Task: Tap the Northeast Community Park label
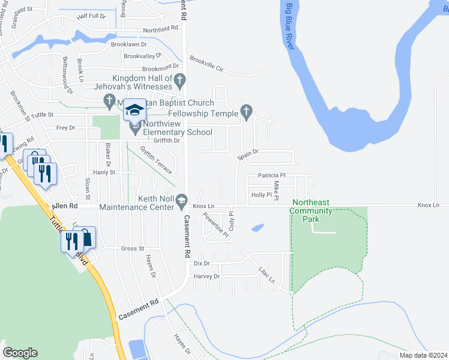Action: [x=310, y=211]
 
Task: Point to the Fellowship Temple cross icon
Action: [x=245, y=110]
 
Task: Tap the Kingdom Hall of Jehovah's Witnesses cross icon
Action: [x=179, y=79]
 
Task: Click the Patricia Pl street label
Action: [x=270, y=176]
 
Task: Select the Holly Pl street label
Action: [x=262, y=195]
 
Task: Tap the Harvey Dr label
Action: [x=208, y=277]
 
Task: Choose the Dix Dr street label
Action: [x=202, y=263]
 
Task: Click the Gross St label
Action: [x=133, y=248]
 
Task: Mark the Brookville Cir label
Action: [x=206, y=64]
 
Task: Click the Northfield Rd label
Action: [x=160, y=28]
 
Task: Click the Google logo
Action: [x=20, y=353]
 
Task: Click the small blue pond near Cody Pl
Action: [x=258, y=228]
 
